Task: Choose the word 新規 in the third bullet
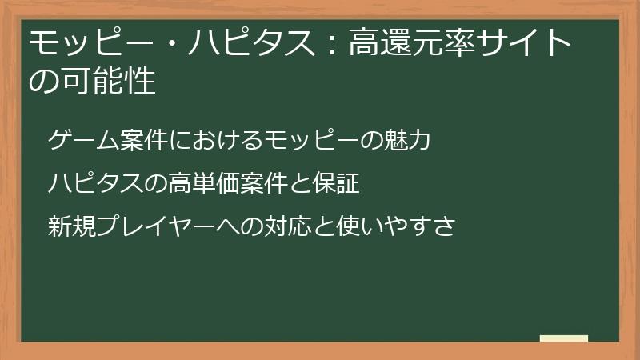pos(73,226)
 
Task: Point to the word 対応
pos(304,226)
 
